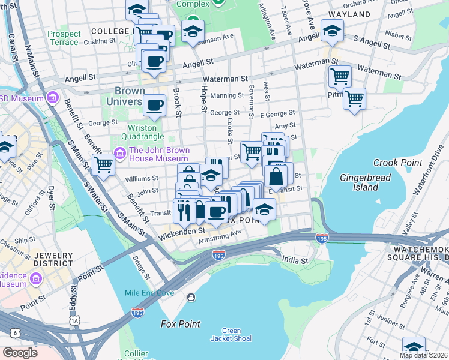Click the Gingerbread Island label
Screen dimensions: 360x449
pyautogui.click(x=365, y=182)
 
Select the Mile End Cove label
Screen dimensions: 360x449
pyautogui.click(x=158, y=292)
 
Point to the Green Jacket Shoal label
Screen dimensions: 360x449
pyautogui.click(x=231, y=334)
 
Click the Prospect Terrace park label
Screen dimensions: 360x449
pyautogui.click(x=64, y=38)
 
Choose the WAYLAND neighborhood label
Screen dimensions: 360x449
pyautogui.click(x=349, y=14)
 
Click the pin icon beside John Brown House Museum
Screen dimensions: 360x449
pyautogui.click(x=119, y=155)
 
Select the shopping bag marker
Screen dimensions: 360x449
pyautogui.click(x=276, y=177)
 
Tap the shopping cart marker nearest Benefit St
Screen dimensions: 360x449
pyautogui.click(x=104, y=164)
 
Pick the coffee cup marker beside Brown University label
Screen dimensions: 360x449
pyautogui.click(x=155, y=105)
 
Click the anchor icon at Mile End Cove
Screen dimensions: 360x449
pyautogui.click(x=191, y=298)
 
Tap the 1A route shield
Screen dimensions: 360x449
pyautogui.click(x=74, y=321)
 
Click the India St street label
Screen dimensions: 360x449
pyautogui.click(x=295, y=261)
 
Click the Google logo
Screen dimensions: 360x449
pyautogui.click(x=19, y=353)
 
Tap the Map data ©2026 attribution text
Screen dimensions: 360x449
pyautogui.click(x=424, y=355)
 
